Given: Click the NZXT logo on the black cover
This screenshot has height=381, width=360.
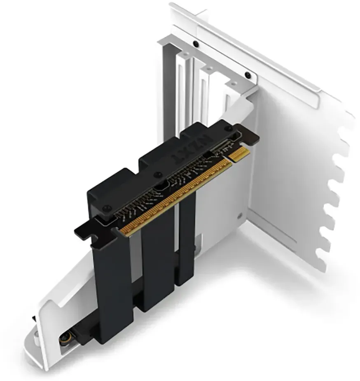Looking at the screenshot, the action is pyautogui.click(x=192, y=148).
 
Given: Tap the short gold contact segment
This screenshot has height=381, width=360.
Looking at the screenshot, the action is pyautogui.click(x=240, y=155).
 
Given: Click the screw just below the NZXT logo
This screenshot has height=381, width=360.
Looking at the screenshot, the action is pyautogui.click(x=159, y=174).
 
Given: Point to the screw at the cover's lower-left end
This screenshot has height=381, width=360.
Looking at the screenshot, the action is pyautogui.click(x=106, y=208).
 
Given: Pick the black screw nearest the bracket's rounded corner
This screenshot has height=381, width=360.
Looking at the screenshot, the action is pyautogui.click(x=248, y=75).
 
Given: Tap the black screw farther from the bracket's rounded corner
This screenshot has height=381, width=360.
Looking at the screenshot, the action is pyautogui.click(x=195, y=44).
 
